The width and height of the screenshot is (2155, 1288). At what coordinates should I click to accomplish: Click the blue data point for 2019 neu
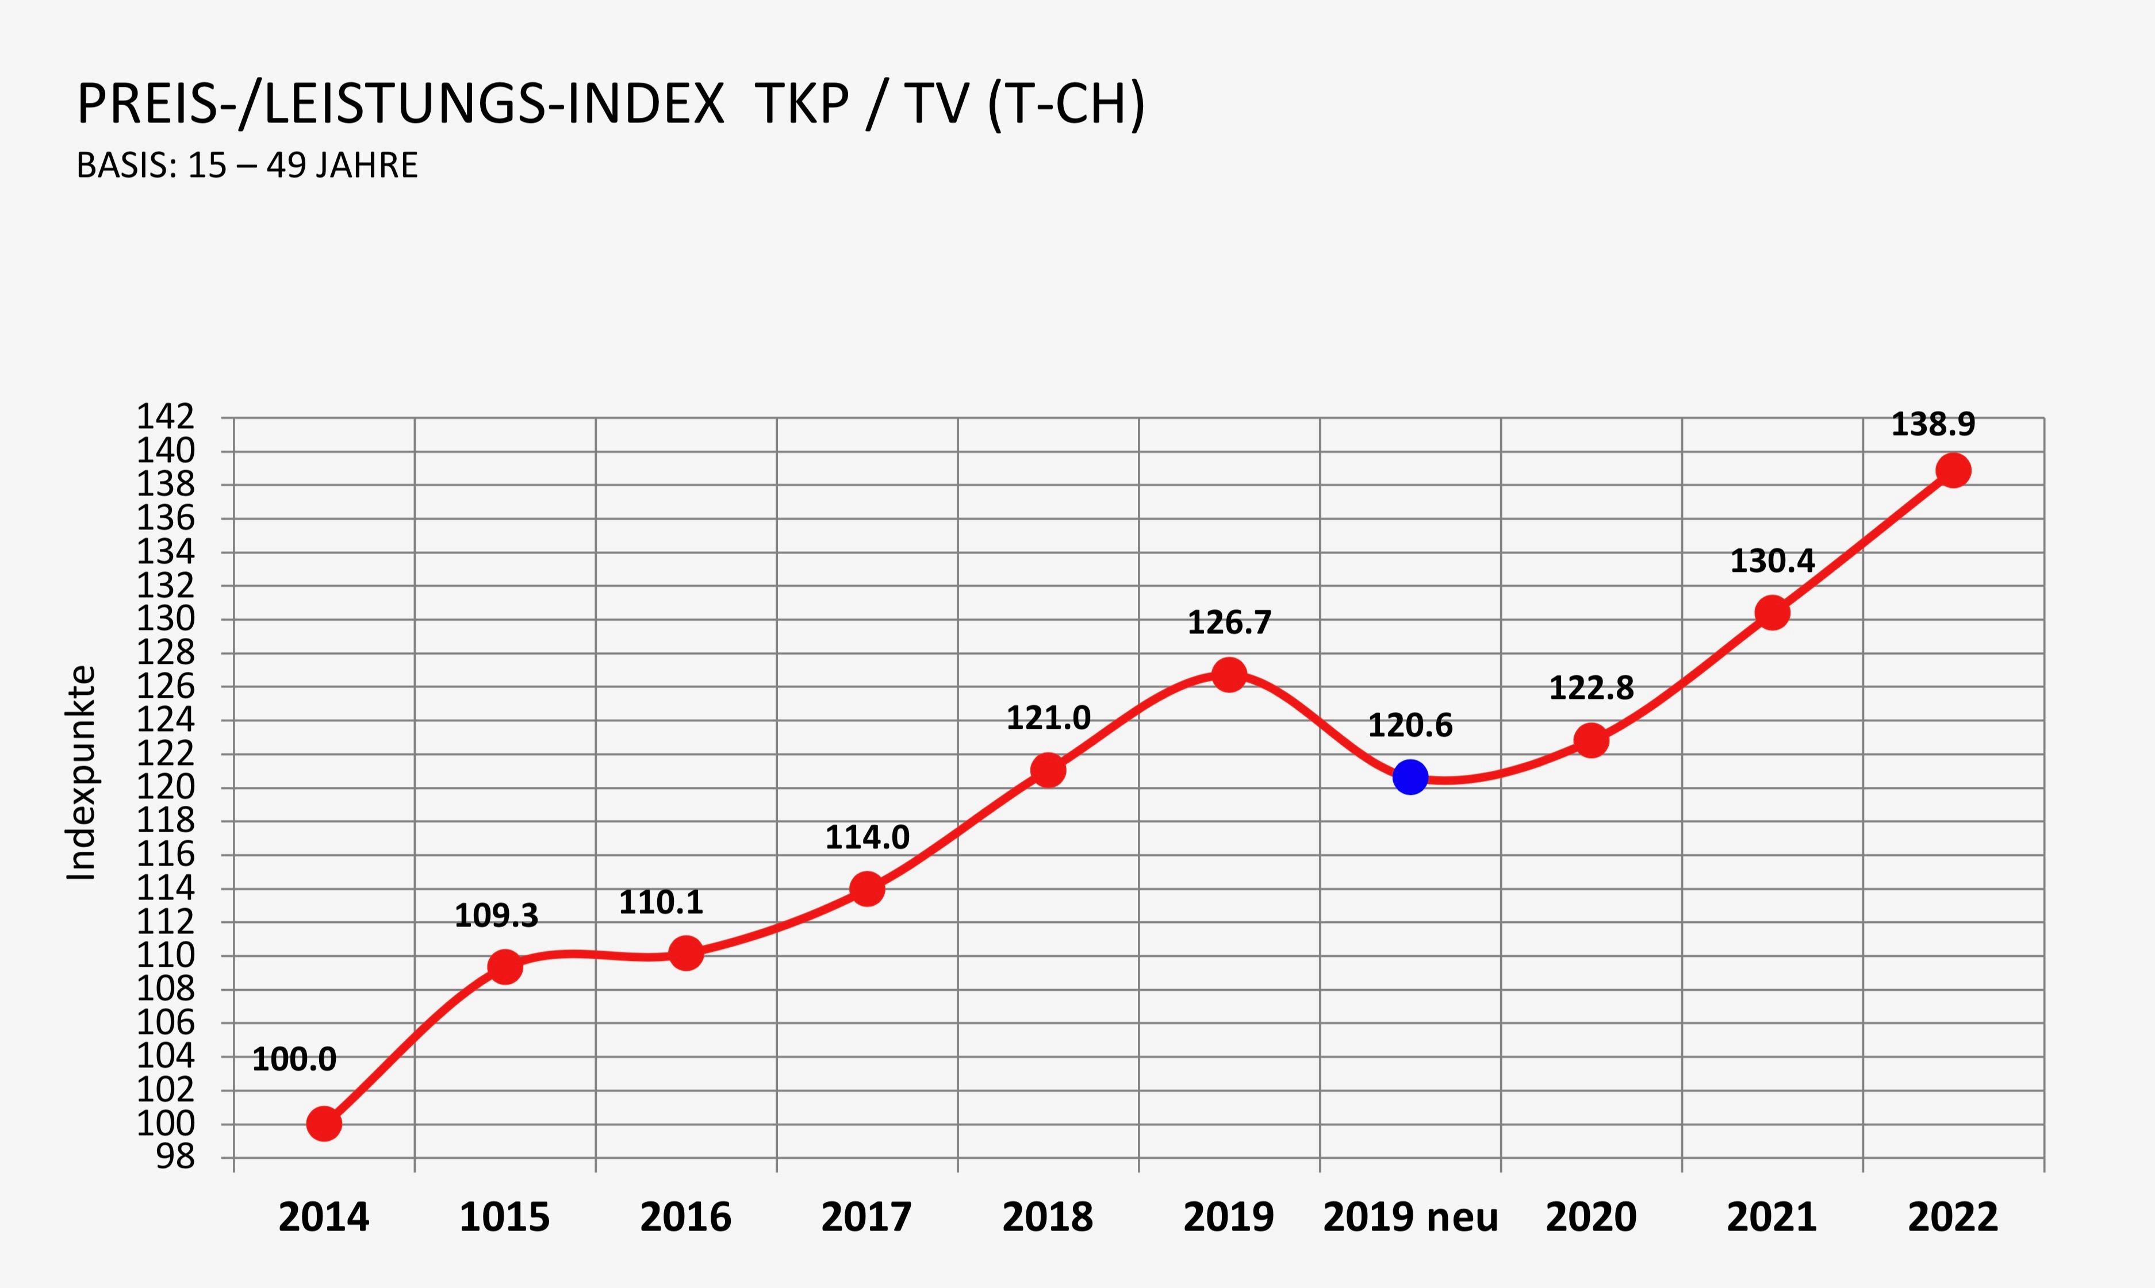click(1410, 777)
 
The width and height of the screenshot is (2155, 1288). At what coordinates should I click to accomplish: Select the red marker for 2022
click(1953, 470)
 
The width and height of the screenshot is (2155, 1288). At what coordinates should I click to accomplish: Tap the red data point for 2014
click(324, 1124)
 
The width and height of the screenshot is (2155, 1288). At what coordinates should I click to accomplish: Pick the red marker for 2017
click(866, 889)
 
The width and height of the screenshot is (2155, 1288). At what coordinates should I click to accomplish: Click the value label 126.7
click(1229, 622)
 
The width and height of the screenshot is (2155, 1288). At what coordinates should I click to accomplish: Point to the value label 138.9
click(1932, 424)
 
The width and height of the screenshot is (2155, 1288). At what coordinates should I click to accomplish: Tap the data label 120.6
click(1410, 725)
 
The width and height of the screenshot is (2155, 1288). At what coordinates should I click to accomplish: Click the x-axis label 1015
click(504, 1217)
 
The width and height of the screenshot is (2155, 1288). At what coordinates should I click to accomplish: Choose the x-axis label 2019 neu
click(1410, 1217)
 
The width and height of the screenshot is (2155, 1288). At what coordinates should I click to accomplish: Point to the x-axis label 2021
click(1771, 1217)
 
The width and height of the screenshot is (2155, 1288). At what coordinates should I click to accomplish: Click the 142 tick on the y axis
click(165, 417)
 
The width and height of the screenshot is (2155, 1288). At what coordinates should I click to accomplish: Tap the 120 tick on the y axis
click(165, 787)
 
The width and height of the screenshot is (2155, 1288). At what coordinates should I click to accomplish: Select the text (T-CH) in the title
click(1066, 106)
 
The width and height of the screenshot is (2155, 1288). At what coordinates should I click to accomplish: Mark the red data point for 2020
click(1590, 740)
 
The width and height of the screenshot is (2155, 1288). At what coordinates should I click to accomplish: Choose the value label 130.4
click(1772, 562)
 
